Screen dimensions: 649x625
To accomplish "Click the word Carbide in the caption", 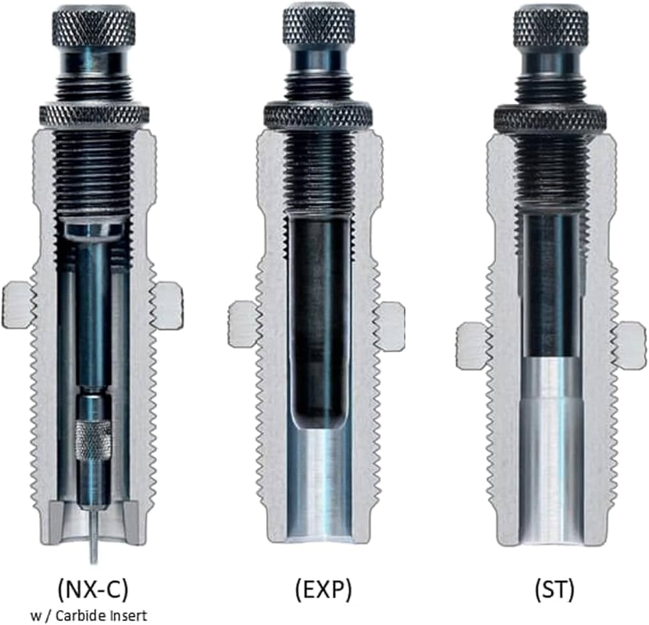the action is point(79,615).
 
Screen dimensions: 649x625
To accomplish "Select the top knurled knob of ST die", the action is point(551,27).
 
